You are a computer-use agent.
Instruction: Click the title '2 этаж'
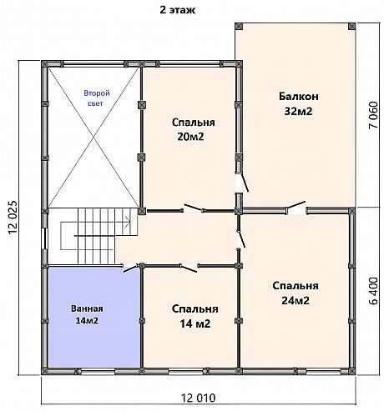click(x=177, y=10)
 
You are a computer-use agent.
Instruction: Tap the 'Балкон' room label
click(x=299, y=97)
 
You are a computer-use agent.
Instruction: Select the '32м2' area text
click(x=298, y=111)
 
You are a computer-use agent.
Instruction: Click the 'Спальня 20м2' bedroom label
click(x=193, y=129)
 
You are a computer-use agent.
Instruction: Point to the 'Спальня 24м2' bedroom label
click(x=296, y=293)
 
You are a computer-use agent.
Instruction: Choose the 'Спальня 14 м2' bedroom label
click(x=195, y=316)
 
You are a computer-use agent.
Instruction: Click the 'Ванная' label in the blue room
click(x=87, y=308)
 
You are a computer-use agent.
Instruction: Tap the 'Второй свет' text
click(x=97, y=98)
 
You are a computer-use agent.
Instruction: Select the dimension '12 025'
click(x=13, y=218)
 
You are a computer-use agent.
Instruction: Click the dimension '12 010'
click(x=199, y=398)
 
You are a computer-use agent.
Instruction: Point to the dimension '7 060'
click(x=373, y=115)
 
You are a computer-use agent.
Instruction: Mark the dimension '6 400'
click(x=374, y=291)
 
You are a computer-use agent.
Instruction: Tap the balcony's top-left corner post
click(x=239, y=27)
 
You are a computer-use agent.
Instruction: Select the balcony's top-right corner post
click(x=351, y=27)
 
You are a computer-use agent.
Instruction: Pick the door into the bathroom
click(x=131, y=268)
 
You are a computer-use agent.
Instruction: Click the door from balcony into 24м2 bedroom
click(x=296, y=205)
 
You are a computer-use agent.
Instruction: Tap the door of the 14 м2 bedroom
click(x=189, y=268)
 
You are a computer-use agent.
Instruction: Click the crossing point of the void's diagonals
click(x=93, y=138)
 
